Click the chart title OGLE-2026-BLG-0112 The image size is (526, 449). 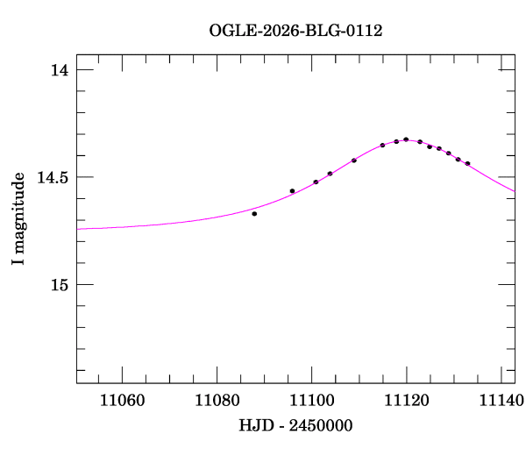(x=295, y=31)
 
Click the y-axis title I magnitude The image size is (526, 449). (x=18, y=219)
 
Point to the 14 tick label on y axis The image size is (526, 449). (x=60, y=70)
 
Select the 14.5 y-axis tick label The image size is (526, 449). (x=53, y=177)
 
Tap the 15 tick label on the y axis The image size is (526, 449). (x=60, y=284)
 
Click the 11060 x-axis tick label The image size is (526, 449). (x=118, y=401)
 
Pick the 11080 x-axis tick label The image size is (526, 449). (x=214, y=401)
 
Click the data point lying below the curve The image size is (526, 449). (x=254, y=213)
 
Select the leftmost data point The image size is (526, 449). (x=254, y=213)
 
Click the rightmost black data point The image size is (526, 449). (x=467, y=163)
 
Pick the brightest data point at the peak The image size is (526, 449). (x=406, y=139)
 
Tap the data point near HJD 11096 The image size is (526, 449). (x=292, y=190)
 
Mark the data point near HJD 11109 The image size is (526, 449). (x=354, y=160)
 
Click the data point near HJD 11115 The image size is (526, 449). (x=382, y=145)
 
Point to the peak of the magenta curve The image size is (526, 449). (x=408, y=139)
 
